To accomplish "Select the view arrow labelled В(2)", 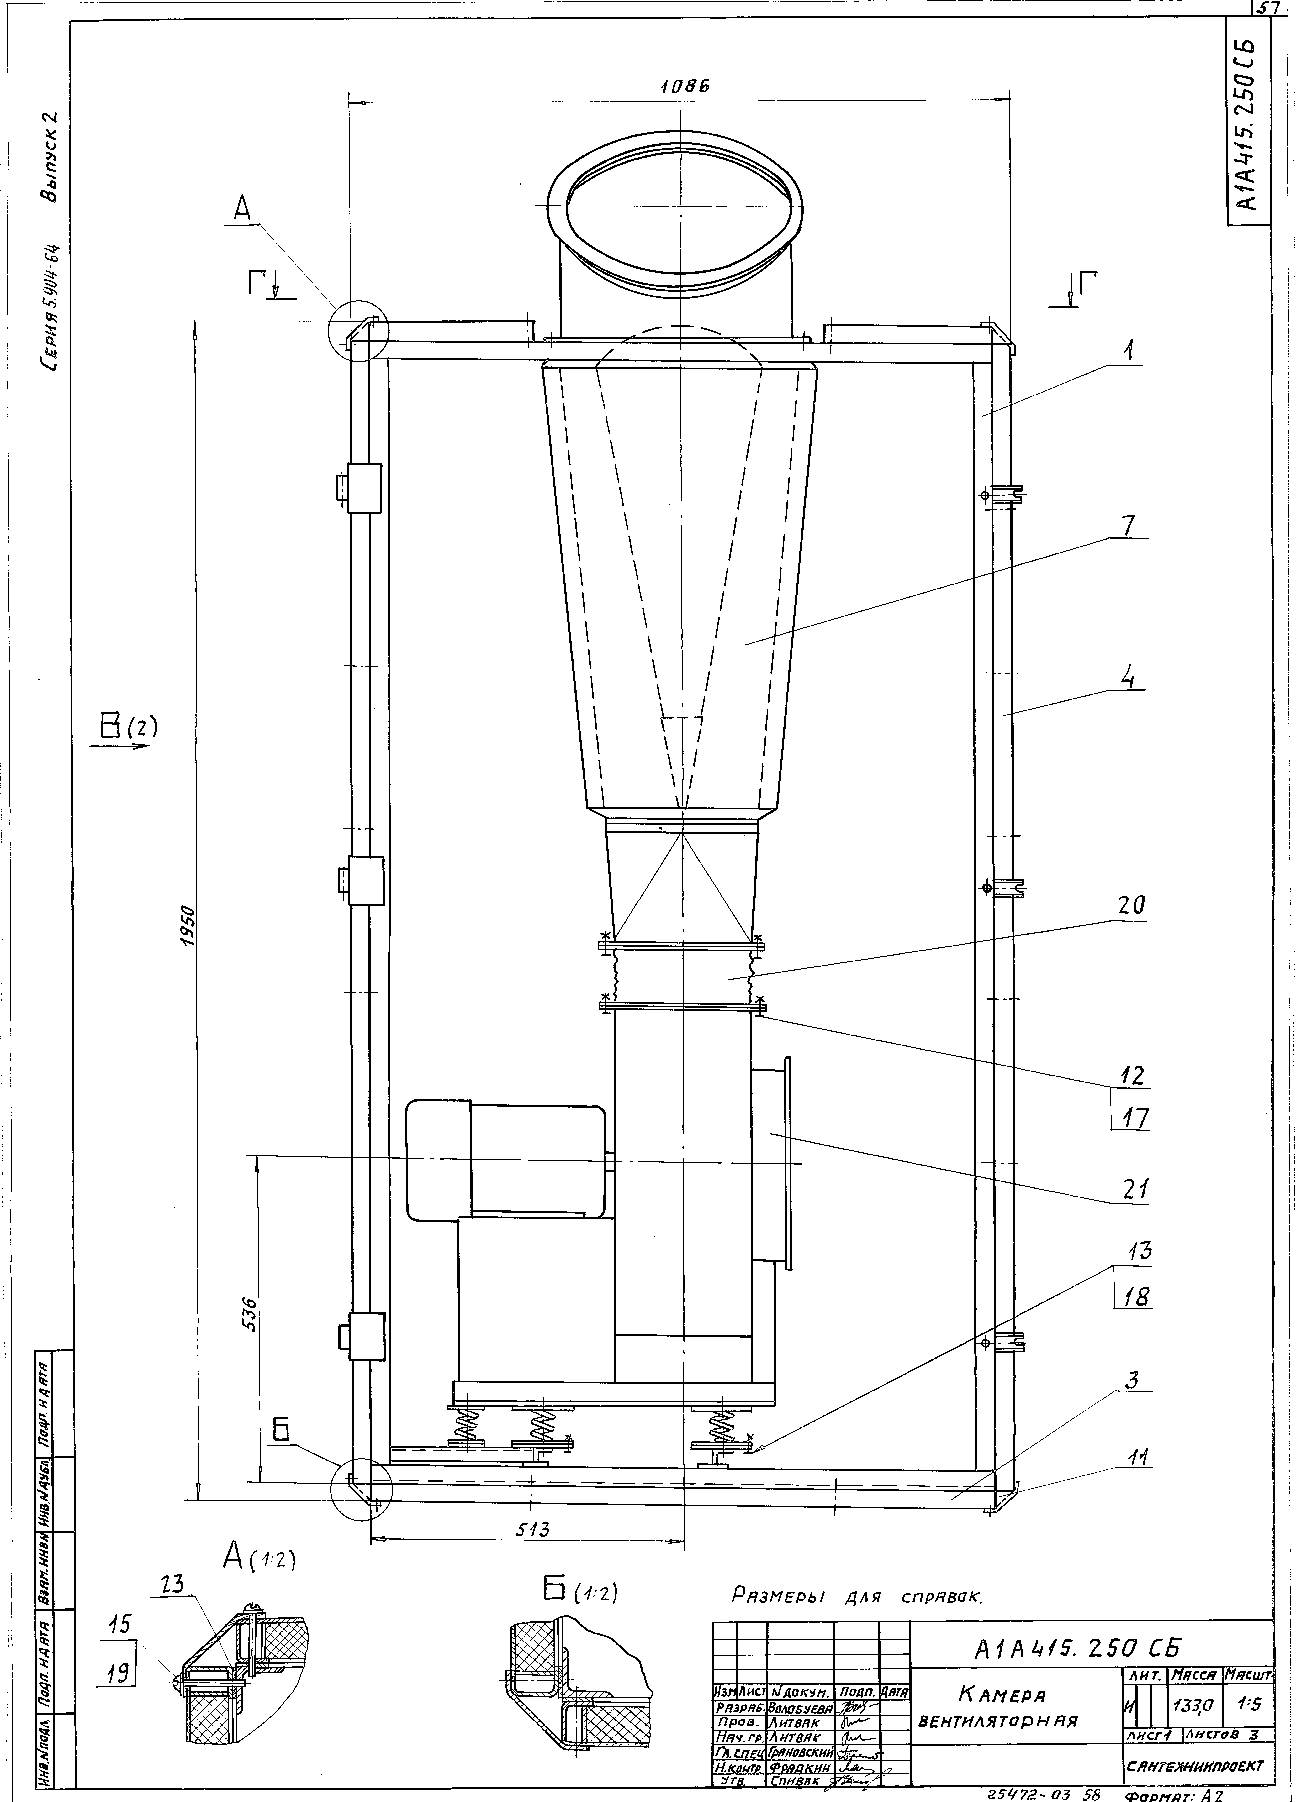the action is [x=125, y=731].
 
